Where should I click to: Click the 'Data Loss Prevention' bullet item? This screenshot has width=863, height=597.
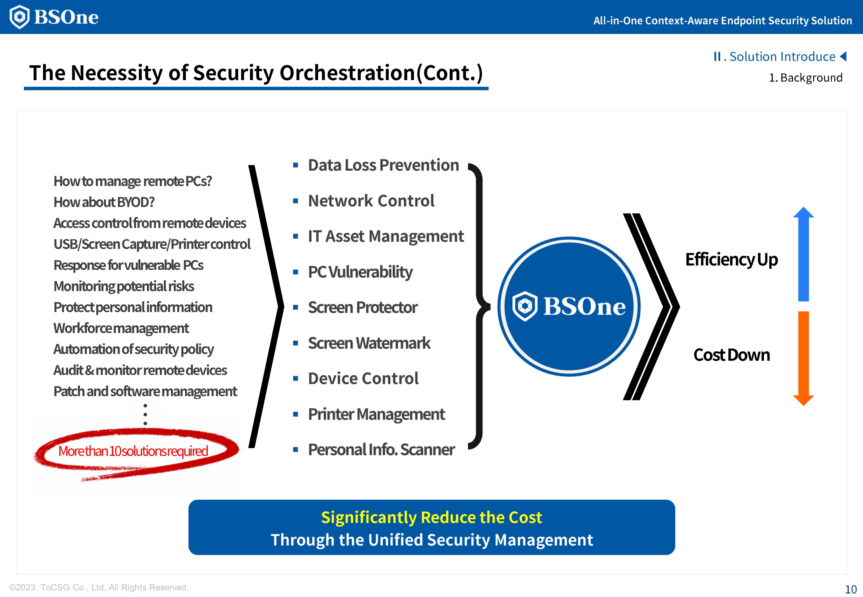click(x=383, y=165)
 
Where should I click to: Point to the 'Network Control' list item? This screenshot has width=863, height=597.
click(x=371, y=201)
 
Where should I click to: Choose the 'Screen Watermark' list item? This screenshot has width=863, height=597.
click(x=369, y=343)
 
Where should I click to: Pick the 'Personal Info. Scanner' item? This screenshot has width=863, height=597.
click(x=381, y=450)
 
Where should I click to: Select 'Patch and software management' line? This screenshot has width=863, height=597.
click(x=145, y=391)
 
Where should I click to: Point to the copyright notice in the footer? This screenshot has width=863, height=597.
click(x=99, y=587)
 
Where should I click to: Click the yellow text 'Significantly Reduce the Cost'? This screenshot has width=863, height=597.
click(x=431, y=518)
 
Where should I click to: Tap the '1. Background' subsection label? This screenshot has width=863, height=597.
click(x=805, y=78)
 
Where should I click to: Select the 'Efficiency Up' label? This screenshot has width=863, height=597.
click(x=731, y=259)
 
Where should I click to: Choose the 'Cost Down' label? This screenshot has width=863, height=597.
click(x=731, y=355)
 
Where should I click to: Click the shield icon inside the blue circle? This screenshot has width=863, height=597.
click(x=525, y=306)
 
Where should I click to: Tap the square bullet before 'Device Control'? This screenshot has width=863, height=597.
click(x=296, y=379)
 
